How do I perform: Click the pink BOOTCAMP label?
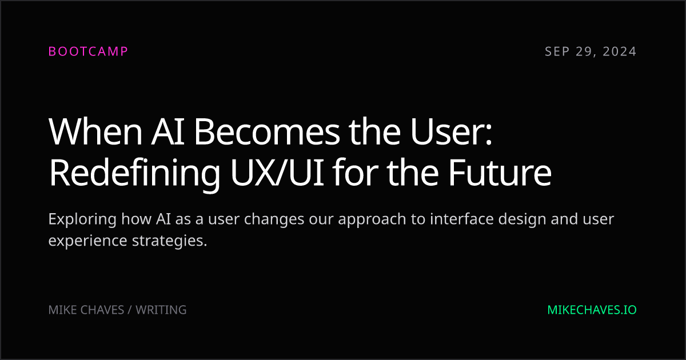(88, 51)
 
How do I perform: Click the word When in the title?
(95, 131)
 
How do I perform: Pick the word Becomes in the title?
(267, 131)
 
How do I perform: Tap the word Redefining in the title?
(134, 173)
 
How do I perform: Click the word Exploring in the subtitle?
(82, 220)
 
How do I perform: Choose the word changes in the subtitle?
(274, 220)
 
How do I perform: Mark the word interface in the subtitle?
(462, 219)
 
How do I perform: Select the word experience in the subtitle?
(87, 241)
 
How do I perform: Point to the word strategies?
(170, 241)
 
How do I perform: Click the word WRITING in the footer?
(161, 310)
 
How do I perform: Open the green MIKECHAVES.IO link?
(592, 310)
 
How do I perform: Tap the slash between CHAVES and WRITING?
(130, 310)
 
